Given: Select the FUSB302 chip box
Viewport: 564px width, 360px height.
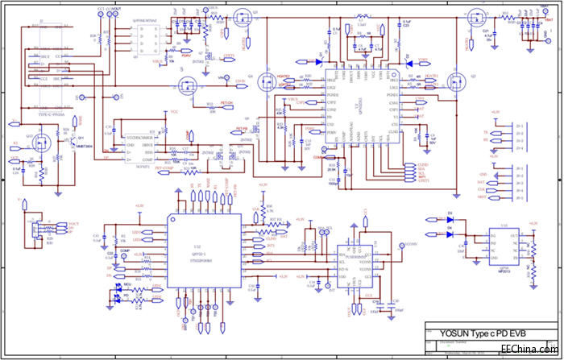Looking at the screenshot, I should pyautogui.click(x=359, y=262).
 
